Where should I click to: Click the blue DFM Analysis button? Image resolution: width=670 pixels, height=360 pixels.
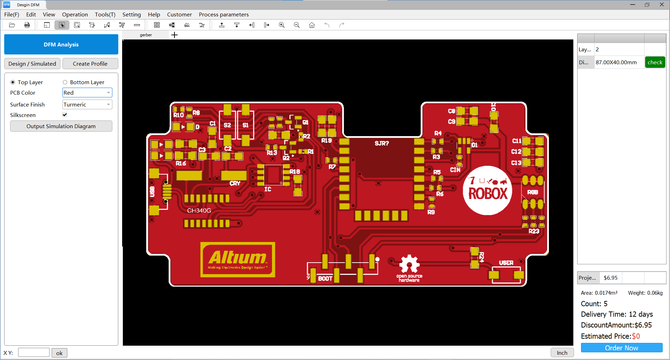[61, 44]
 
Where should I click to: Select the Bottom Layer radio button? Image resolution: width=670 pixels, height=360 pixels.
[65, 82]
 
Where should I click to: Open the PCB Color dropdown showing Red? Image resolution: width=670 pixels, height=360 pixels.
[87, 93]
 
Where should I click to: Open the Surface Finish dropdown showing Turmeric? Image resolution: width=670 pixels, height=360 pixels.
[87, 104]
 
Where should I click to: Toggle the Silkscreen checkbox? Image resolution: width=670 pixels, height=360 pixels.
[65, 115]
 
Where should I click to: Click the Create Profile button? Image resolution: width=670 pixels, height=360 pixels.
[90, 64]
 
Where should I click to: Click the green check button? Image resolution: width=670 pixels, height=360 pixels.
[655, 62]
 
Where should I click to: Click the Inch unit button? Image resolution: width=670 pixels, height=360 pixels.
[562, 353]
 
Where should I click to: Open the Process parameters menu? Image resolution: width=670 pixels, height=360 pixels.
[224, 14]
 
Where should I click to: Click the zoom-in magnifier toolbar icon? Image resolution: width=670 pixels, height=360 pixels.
[282, 25]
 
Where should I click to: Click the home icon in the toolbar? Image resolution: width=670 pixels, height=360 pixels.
[312, 25]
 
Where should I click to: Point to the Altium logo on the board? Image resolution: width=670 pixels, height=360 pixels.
[238, 259]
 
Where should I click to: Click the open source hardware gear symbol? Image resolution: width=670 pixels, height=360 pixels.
[409, 264]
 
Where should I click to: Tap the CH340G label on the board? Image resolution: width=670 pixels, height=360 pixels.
[199, 211]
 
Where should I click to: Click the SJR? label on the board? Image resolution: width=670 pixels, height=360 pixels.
[381, 143]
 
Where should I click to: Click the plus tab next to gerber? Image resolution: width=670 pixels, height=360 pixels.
[174, 35]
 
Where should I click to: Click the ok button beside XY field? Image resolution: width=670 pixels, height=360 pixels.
[59, 353]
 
